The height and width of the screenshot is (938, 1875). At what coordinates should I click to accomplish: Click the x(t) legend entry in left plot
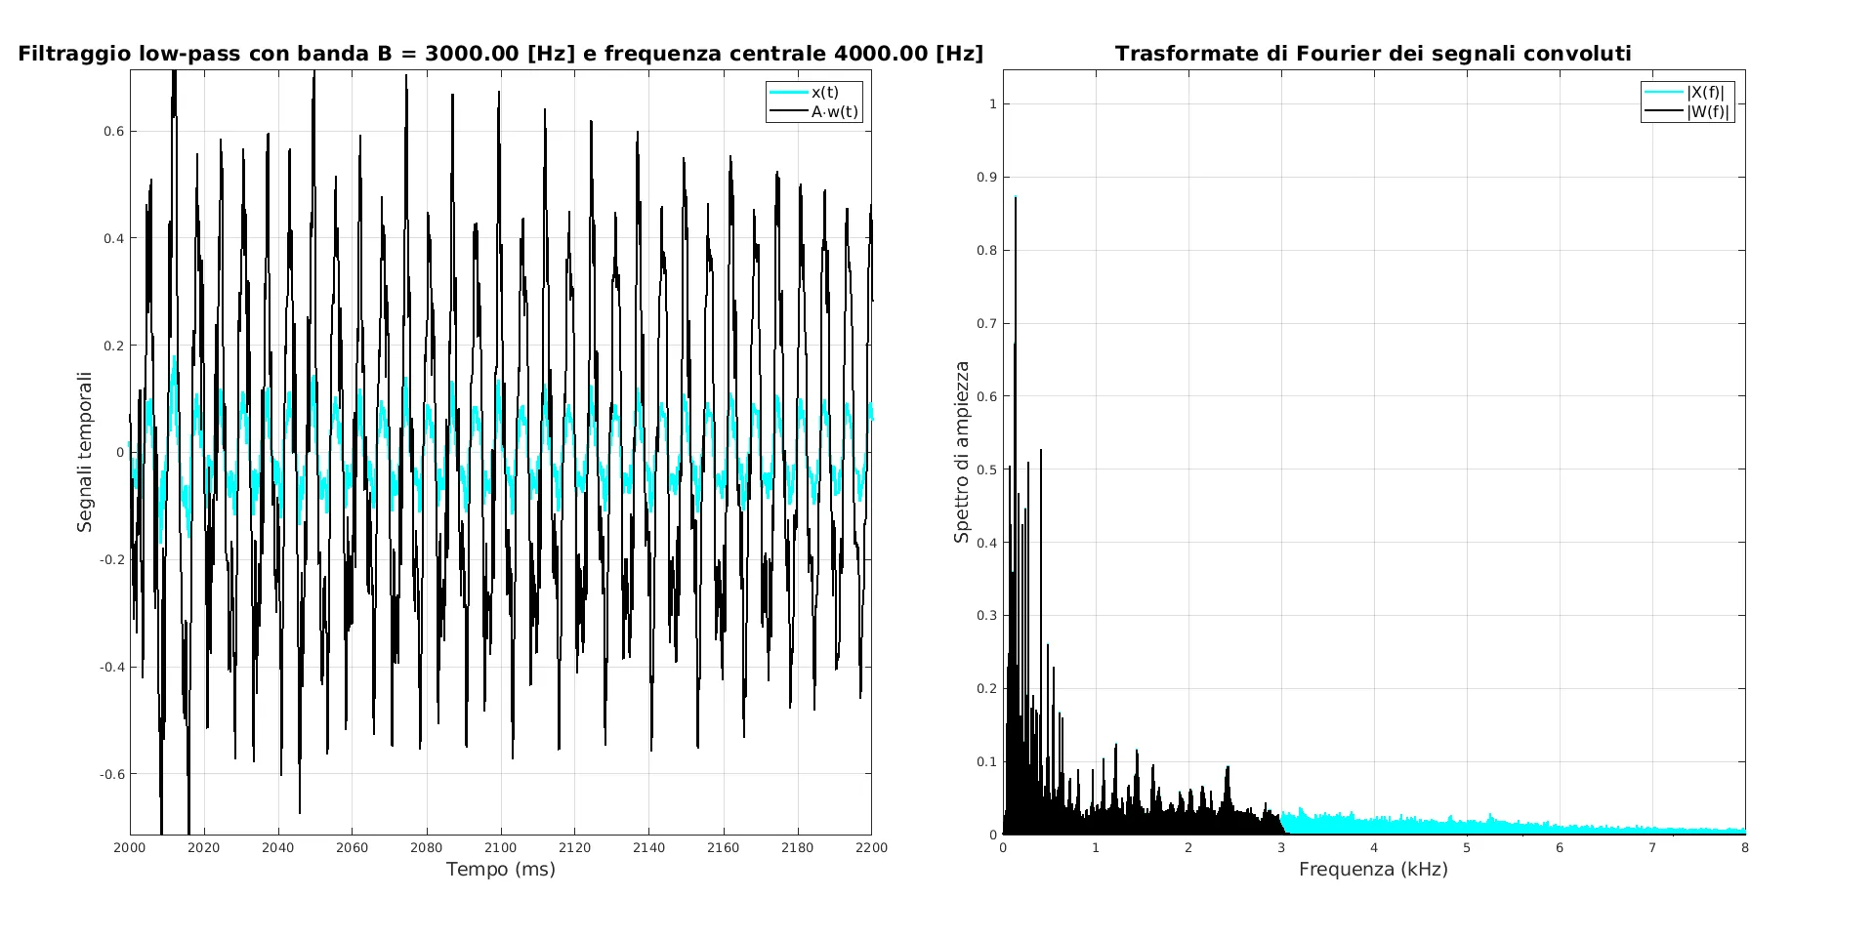pyautogui.click(x=824, y=93)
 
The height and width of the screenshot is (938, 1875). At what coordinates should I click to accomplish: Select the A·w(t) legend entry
pyautogui.click(x=834, y=111)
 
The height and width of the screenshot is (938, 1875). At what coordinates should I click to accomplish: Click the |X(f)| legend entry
pyautogui.click(x=1705, y=93)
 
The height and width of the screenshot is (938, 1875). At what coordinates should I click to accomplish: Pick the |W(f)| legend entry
pyautogui.click(x=1707, y=111)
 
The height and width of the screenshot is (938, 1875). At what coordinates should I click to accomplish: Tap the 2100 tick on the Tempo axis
pyautogui.click(x=500, y=847)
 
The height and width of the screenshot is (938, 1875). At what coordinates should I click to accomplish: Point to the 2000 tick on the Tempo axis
pyautogui.click(x=130, y=847)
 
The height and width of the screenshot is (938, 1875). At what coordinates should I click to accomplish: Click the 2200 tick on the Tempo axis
pyautogui.click(x=871, y=847)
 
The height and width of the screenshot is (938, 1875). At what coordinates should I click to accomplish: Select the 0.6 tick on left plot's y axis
pyautogui.click(x=113, y=131)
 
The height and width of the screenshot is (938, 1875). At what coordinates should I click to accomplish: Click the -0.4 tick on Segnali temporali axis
pyautogui.click(x=111, y=667)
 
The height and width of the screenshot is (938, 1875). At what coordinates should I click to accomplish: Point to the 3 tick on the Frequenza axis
pyautogui.click(x=1281, y=847)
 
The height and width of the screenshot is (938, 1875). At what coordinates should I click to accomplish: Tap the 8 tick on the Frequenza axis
pyautogui.click(x=1744, y=847)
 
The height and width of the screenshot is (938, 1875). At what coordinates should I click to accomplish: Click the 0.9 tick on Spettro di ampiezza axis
pyautogui.click(x=986, y=177)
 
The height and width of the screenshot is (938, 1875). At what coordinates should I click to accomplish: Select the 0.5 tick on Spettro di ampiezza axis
pyautogui.click(x=986, y=469)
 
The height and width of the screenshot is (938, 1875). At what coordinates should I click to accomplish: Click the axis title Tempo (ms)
pyautogui.click(x=500, y=869)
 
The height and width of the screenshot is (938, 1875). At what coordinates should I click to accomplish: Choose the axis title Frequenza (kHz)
pyautogui.click(x=1373, y=869)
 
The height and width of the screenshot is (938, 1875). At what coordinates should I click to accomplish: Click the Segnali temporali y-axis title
pyautogui.click(x=85, y=452)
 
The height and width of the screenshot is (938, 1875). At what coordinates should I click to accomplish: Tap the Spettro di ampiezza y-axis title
pyautogui.click(x=962, y=452)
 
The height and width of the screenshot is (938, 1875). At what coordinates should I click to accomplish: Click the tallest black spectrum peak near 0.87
pyautogui.click(x=1016, y=199)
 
